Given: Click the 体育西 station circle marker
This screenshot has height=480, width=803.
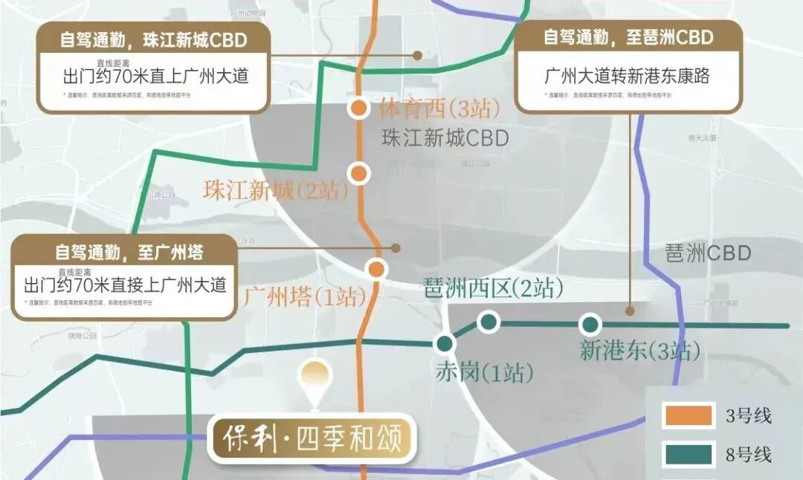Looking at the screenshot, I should [x=358, y=108].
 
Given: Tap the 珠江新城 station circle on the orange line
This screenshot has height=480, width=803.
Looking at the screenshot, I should [x=359, y=173].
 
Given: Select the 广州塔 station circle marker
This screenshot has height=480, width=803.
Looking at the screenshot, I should [x=377, y=269].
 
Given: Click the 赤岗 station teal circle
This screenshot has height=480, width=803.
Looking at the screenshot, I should [x=445, y=343].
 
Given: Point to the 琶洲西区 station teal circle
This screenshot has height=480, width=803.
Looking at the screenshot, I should [x=488, y=322].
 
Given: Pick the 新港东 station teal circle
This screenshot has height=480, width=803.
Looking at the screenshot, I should [x=590, y=324].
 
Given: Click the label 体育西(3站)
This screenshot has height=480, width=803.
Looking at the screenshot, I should [x=439, y=109].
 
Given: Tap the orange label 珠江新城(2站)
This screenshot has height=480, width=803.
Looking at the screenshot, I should [x=276, y=190].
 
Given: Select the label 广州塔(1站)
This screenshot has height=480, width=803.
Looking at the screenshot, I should [x=305, y=299].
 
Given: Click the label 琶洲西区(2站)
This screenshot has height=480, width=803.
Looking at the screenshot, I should [x=492, y=288].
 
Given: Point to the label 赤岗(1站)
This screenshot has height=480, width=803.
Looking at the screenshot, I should [x=484, y=372].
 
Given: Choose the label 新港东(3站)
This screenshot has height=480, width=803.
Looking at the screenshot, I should [x=639, y=351].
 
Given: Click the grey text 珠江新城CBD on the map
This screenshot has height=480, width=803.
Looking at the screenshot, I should [x=445, y=138].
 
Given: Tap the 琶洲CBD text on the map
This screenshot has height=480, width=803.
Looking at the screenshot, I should [x=707, y=253].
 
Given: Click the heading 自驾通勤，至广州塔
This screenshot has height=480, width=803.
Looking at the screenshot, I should [x=123, y=253].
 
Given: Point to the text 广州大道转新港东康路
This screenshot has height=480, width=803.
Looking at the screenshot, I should [x=632, y=76].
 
